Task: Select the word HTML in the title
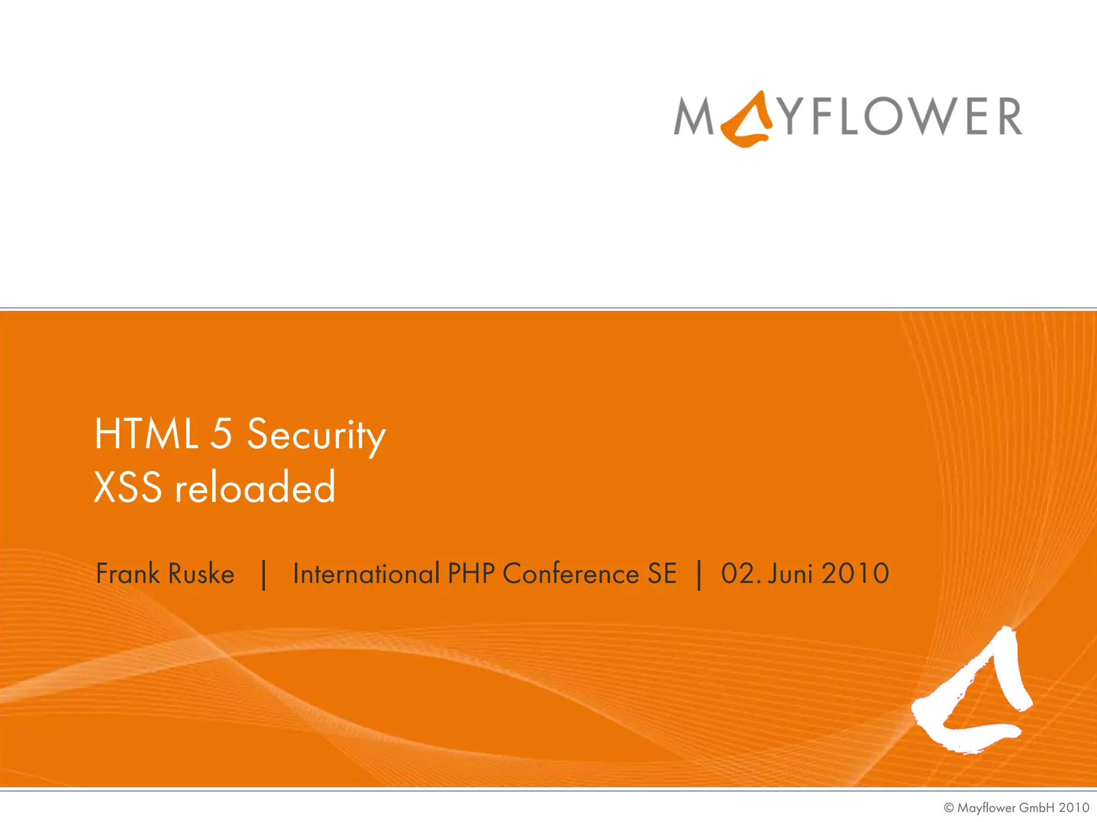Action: click(146, 434)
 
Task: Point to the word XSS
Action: click(128, 488)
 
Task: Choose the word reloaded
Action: click(255, 488)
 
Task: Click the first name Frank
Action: click(128, 574)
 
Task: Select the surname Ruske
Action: click(201, 574)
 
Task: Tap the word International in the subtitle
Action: click(366, 574)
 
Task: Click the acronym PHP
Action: click(471, 574)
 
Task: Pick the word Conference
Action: click(571, 574)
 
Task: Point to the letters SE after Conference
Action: click(662, 574)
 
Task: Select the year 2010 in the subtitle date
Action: click(855, 574)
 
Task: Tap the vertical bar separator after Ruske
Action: click(264, 575)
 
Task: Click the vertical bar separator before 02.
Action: click(699, 575)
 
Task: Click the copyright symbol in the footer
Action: click(949, 808)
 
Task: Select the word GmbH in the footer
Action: click(1036, 808)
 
